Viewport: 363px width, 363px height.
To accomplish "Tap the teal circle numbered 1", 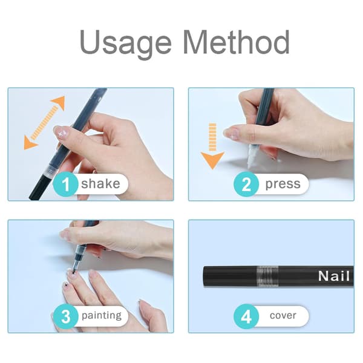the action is click(65, 185).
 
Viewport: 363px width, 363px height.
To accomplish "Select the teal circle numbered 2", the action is click(246, 185).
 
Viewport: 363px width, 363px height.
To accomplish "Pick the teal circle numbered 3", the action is click(65, 316).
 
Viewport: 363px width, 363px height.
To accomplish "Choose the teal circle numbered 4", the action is click(246, 316).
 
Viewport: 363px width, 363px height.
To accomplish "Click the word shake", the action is click(100, 183).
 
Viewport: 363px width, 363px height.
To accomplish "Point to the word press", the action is click(283, 185).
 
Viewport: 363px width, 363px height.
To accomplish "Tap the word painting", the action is click(102, 316).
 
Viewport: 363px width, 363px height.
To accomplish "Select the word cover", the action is click(283, 316).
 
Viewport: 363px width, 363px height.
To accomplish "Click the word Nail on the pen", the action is click(334, 276).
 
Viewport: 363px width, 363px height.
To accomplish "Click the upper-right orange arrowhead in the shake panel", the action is click(58, 103).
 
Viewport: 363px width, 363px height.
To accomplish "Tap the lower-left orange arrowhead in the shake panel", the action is click(30, 143).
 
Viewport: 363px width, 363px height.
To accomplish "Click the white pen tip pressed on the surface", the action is click(251, 157).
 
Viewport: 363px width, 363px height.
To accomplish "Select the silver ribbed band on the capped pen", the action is click(267, 276).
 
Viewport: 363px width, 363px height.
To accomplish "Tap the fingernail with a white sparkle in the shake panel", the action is click(61, 132).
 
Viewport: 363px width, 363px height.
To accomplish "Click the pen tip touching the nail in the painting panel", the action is click(74, 271).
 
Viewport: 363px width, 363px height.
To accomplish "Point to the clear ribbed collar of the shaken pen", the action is click(51, 171).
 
